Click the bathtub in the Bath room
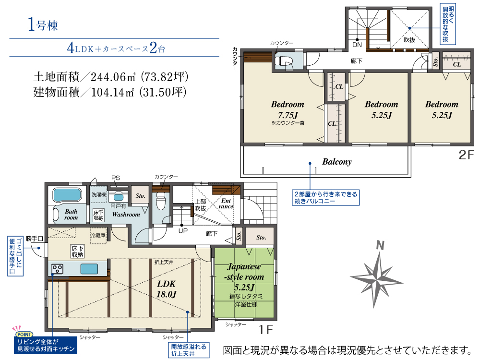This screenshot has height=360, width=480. pos(67,195)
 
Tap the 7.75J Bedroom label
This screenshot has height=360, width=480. pos(288,109)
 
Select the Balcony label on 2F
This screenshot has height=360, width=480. pos(337,162)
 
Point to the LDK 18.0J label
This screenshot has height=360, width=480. pos(167,289)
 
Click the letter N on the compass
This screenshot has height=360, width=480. pos(380,245)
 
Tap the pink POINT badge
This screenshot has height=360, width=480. pos(24,335)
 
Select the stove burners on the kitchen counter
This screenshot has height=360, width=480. pos(57,269)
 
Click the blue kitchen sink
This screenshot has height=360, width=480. pos(89,269)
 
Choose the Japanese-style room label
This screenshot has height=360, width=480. pos(244,272)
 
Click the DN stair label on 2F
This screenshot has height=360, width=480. pos(357,45)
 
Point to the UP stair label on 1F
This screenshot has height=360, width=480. pos(183,231)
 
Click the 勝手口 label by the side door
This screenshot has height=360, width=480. pos(34,239)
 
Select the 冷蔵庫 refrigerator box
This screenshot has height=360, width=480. pos(98,236)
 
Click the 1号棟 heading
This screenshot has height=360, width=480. pos(43,24)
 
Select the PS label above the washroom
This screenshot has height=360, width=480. pos(115,178)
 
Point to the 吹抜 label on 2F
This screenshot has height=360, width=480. pos(409,40)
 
